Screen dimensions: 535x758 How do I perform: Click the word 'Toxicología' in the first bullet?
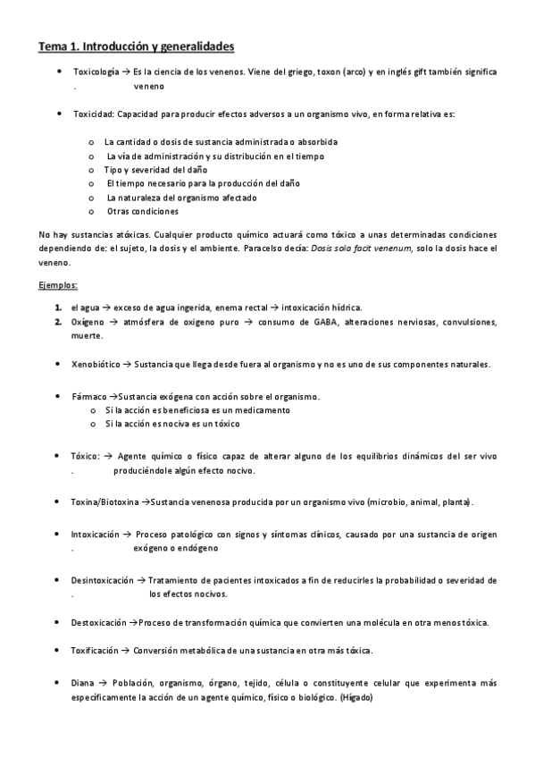click(95, 71)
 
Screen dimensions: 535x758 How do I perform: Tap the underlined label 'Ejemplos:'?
click(58, 285)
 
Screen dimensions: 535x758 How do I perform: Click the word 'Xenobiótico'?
click(96, 364)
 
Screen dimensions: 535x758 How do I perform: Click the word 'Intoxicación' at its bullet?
click(95, 534)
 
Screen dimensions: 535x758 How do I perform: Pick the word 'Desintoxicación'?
click(102, 579)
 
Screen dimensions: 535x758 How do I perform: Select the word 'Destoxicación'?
click(98, 622)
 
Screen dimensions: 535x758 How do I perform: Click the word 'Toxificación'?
click(95, 650)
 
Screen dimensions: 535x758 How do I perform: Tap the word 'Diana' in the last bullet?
click(82, 683)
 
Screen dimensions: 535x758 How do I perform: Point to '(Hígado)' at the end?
click(356, 696)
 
